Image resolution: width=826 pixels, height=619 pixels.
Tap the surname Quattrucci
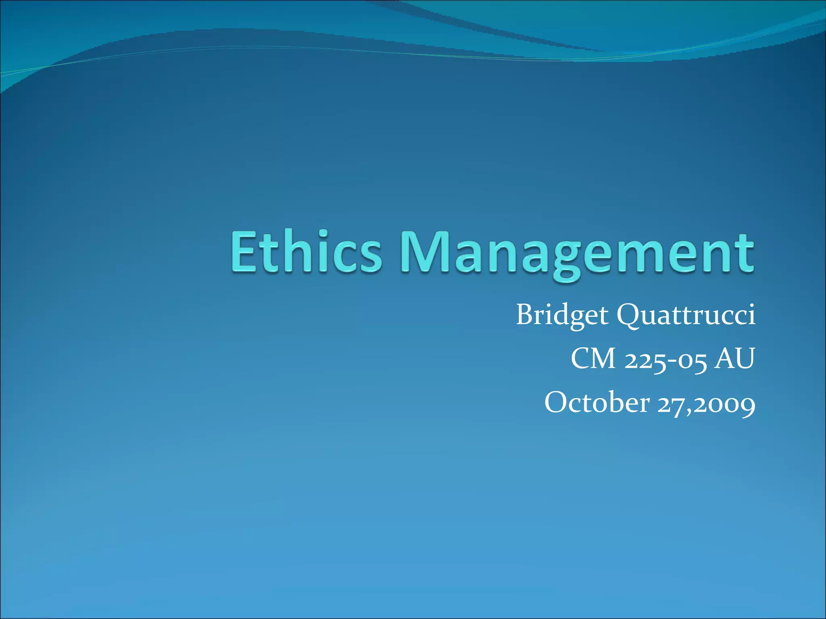click(686, 315)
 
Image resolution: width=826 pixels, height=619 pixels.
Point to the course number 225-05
click(665, 359)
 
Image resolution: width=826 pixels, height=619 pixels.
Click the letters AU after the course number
click(734, 358)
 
